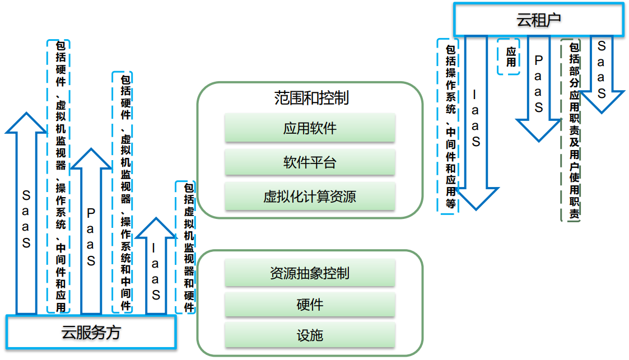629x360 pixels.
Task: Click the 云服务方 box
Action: click(x=91, y=333)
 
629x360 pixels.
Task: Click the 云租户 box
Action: click(x=538, y=20)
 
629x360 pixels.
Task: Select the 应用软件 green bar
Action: click(x=310, y=128)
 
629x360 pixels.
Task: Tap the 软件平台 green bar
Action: click(x=310, y=162)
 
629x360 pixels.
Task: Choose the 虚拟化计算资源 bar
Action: click(x=310, y=197)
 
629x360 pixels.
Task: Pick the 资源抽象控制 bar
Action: click(x=310, y=273)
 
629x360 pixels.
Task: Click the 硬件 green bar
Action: click(x=310, y=305)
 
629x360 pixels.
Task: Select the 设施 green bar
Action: click(x=310, y=336)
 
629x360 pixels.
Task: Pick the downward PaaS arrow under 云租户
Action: click(x=538, y=90)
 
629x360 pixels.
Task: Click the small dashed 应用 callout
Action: click(x=509, y=57)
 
